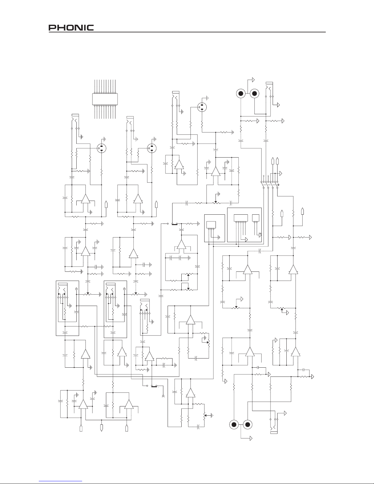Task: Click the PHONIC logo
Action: [x=71, y=27]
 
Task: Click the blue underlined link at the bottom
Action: [x=60, y=481]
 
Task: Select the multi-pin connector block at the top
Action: [x=105, y=99]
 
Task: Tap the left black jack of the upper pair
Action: [x=241, y=93]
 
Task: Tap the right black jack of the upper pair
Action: [x=254, y=93]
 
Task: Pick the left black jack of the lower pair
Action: [x=234, y=425]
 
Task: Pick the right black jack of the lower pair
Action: [x=248, y=425]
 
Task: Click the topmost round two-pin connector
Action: [x=202, y=107]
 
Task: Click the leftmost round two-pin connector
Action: [x=101, y=148]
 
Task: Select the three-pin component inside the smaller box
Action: [x=211, y=225]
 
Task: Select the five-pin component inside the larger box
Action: [x=241, y=218]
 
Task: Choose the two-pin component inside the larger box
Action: [x=256, y=218]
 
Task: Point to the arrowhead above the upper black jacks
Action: [x=253, y=80]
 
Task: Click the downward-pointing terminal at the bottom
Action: [x=101, y=428]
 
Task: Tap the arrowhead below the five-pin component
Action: [x=246, y=240]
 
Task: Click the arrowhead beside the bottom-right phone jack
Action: [x=285, y=413]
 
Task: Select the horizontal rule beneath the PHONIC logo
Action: [x=187, y=32]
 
